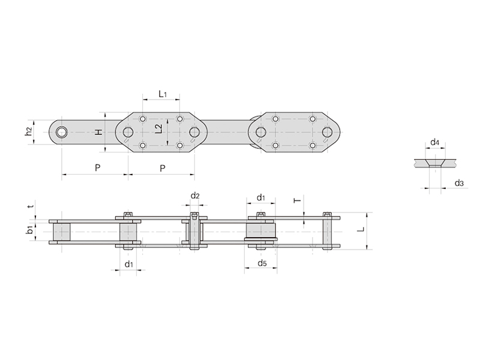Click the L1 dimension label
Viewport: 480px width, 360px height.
coord(163,94)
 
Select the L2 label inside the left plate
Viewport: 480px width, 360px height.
coord(158,128)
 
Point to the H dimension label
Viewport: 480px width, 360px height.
coord(98,132)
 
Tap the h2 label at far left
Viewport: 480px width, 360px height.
coord(28,131)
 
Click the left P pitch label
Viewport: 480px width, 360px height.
coord(97,167)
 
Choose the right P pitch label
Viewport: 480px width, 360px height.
coord(163,168)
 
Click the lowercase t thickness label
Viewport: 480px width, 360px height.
coord(30,206)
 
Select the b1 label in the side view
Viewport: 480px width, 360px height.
coord(29,230)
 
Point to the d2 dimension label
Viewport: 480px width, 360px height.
coord(195,196)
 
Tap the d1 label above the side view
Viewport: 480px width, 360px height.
coord(260,197)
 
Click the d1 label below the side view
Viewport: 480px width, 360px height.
coord(129,263)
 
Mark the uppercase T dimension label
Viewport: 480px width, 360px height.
coord(297,201)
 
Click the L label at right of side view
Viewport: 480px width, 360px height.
coord(362,229)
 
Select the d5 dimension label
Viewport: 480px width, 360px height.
coord(262,263)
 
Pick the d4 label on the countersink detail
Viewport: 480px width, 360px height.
coord(434,142)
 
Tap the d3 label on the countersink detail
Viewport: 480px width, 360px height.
coord(459,183)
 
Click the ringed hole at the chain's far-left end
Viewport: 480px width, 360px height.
coord(61,132)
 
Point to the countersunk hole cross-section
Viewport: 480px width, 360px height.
coord(435,163)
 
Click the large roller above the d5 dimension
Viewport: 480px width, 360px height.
coord(260,231)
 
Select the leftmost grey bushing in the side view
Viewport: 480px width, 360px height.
coord(62,232)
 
